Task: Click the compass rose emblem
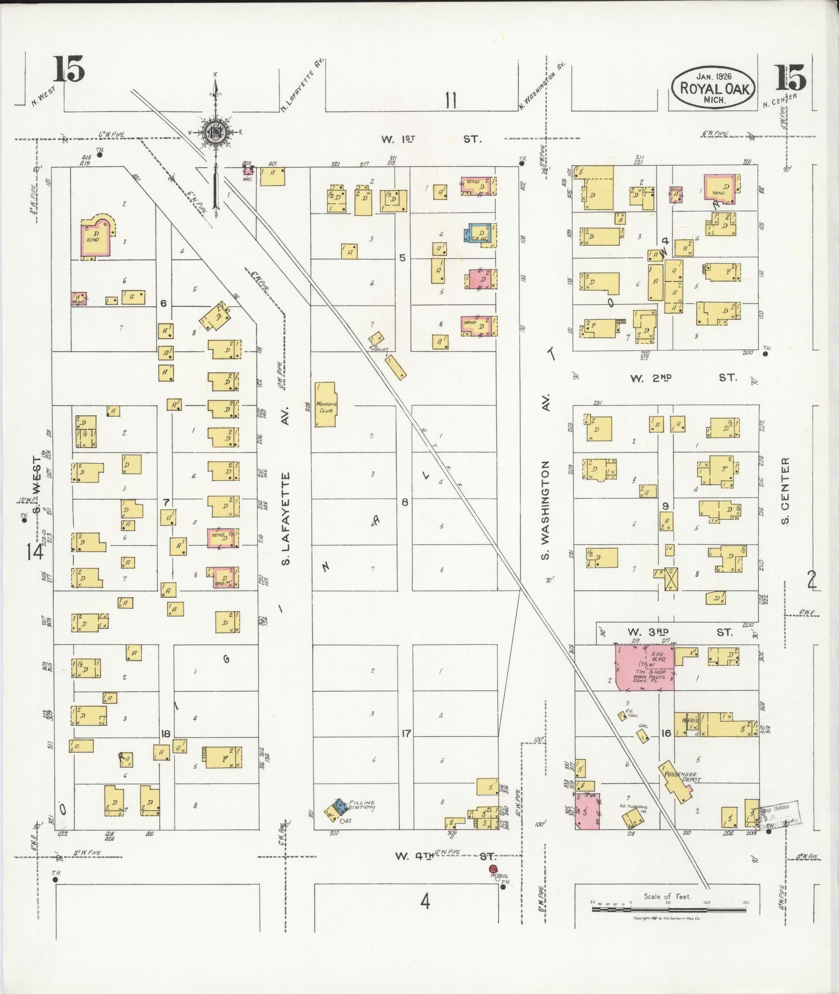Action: click(215, 132)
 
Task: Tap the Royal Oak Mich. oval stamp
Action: click(713, 88)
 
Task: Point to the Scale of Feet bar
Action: click(668, 909)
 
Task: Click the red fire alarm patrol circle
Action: click(492, 869)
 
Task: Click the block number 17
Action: click(406, 733)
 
